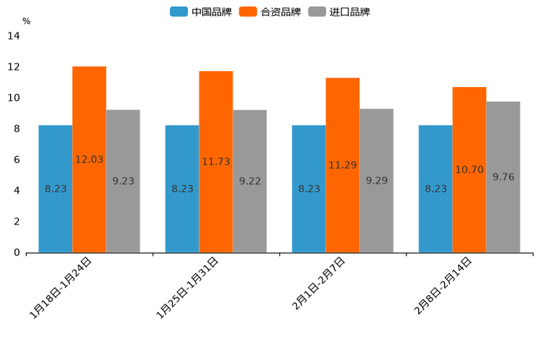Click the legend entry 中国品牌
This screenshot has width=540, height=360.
tap(201, 12)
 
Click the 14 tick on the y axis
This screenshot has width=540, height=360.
tap(14, 36)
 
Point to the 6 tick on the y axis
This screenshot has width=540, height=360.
tap(17, 160)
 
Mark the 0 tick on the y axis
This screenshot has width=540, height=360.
tap(17, 253)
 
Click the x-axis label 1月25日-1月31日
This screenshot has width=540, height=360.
tap(187, 288)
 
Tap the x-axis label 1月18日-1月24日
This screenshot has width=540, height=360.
tap(60, 288)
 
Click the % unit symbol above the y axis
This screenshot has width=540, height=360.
tap(26, 21)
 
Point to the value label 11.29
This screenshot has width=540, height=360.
tap(343, 165)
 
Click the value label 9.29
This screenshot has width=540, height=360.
tap(377, 181)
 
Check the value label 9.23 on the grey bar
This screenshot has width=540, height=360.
tap(123, 181)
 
